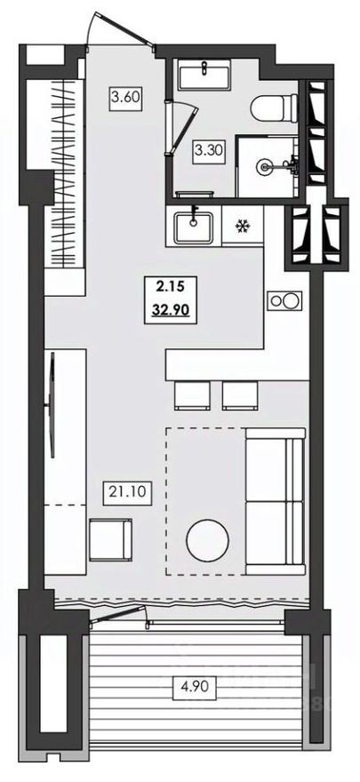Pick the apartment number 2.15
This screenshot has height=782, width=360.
[169, 286]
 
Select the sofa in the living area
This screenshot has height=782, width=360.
[275, 501]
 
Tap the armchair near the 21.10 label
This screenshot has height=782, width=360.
[111, 539]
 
